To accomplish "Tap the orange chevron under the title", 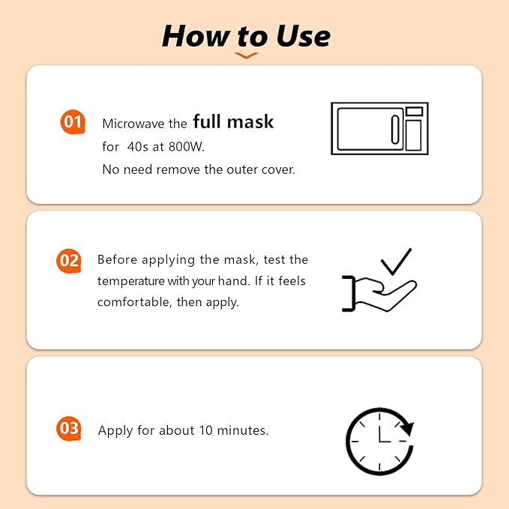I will coord(246,55).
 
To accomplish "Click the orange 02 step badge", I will coord(68,261).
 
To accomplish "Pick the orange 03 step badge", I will coord(68,429).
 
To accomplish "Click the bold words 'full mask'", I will coord(233,121).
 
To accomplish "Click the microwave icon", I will coord(379,129).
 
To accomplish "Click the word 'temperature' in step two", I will coord(130,280).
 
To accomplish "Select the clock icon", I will coord(379,441).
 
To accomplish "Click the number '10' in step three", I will coord(206,430).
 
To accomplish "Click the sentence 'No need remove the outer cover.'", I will coord(199,169).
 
